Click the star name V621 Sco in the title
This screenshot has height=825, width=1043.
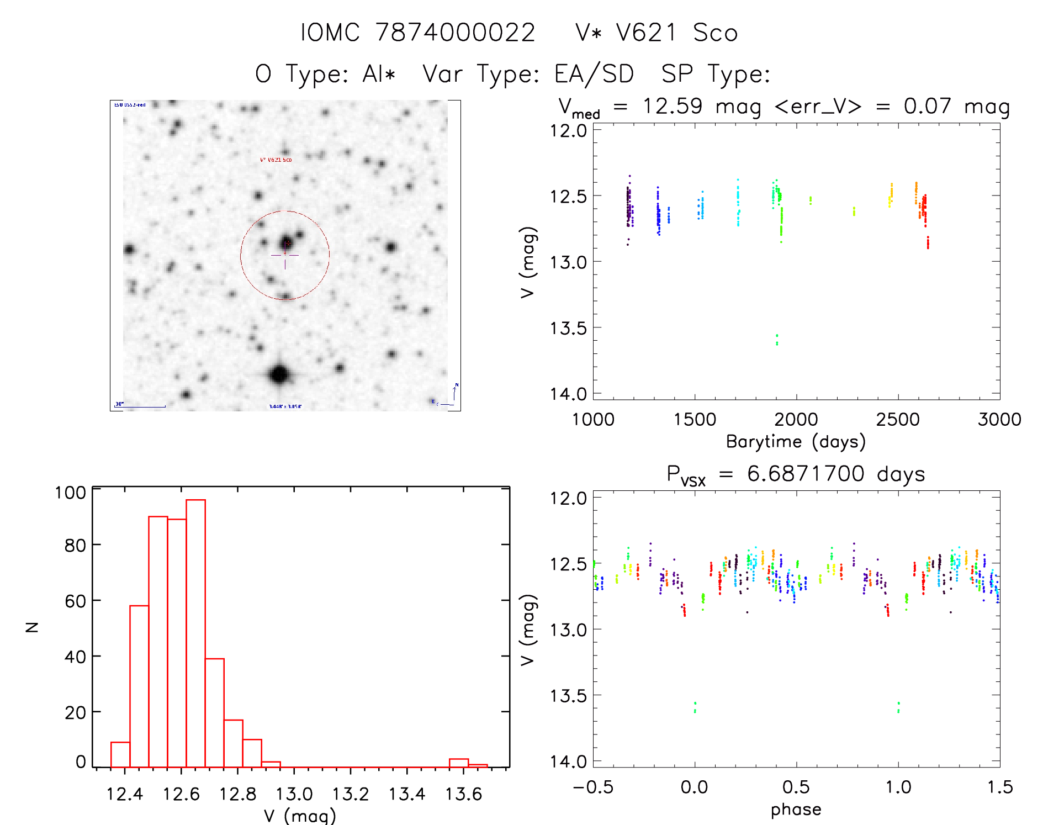point(656,33)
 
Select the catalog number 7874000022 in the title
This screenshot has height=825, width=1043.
point(455,33)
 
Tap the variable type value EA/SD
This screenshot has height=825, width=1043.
point(594,74)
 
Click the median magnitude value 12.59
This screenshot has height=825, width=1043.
point(672,106)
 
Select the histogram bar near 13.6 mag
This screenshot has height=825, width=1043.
point(458,763)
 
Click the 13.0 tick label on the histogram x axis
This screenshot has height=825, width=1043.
point(294,794)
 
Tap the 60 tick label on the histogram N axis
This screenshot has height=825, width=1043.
point(75,601)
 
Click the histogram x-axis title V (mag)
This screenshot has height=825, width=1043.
point(299,816)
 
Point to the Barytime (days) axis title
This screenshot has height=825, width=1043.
point(795,442)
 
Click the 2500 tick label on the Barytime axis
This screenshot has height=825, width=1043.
point(898,420)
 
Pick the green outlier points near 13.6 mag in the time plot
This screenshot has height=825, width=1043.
point(777,339)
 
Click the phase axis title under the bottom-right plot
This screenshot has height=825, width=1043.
point(796,810)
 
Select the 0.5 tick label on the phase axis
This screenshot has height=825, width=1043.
point(796,787)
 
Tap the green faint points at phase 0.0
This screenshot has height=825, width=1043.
point(695,707)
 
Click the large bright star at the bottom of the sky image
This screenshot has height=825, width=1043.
point(279,375)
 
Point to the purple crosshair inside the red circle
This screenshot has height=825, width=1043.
point(285,255)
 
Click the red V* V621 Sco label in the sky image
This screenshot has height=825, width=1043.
point(276,160)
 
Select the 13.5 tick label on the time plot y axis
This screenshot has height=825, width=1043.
point(568,328)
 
